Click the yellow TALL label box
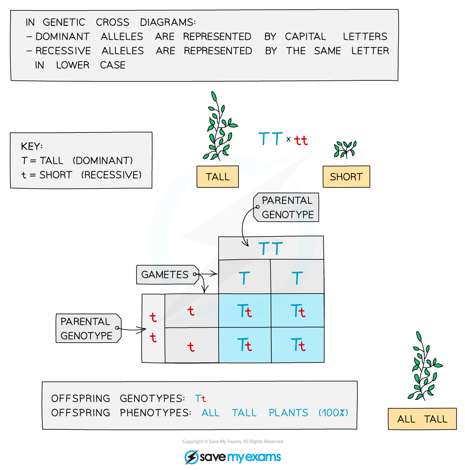[217, 176]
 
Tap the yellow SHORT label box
[346, 177]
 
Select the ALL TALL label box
[422, 419]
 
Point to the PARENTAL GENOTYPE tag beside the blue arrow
[287, 208]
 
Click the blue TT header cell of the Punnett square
[271, 248]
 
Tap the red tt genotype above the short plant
[301, 140]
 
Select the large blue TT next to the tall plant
[271, 139]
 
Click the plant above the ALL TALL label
[424, 367]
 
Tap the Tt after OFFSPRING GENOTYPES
[200, 399]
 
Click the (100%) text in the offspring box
[333, 412]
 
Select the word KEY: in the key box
[32, 146]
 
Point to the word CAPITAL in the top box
[305, 36]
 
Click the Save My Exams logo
[232, 457]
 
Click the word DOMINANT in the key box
[103, 161]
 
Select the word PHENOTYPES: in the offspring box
[155, 412]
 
